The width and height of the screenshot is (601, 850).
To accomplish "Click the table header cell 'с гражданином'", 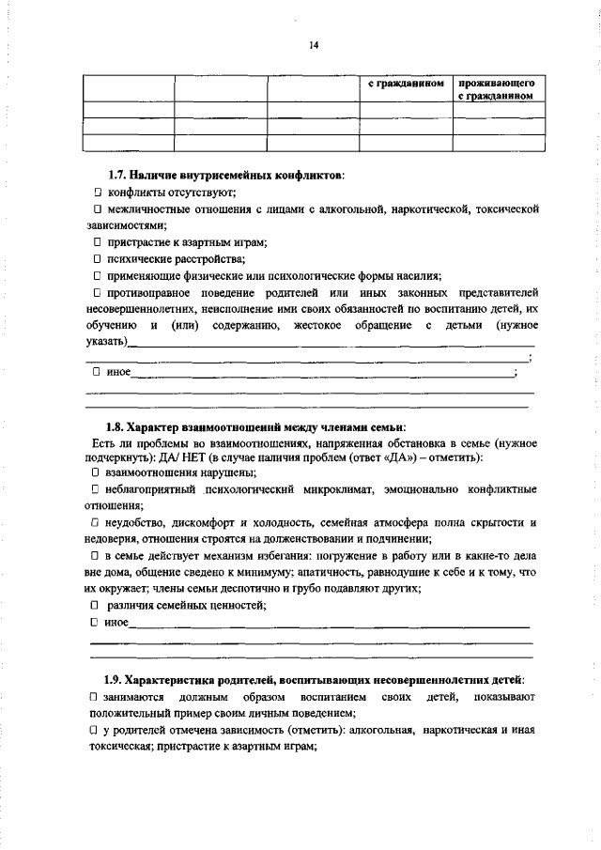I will [x=405, y=84].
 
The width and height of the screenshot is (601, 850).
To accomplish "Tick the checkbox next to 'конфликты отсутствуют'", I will [x=96, y=192].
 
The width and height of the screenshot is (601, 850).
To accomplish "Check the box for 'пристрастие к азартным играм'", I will [x=96, y=241].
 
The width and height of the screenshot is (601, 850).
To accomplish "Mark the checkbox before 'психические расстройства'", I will [x=96, y=258].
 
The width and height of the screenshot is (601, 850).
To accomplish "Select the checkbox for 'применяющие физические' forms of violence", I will [x=96, y=275].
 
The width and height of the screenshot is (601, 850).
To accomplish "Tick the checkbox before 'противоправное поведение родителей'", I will [x=96, y=292].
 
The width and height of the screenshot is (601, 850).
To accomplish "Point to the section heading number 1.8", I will [x=116, y=427].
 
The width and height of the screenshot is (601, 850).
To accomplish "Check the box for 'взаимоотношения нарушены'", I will [x=96, y=473].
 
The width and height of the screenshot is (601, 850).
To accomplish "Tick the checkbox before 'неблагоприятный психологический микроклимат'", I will [x=96, y=490].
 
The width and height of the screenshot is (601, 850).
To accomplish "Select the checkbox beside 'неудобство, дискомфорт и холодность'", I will [x=96, y=522].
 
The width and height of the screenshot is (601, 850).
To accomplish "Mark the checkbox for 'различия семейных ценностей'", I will [x=96, y=606].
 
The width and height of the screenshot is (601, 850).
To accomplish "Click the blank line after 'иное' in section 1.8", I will [x=329, y=625].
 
